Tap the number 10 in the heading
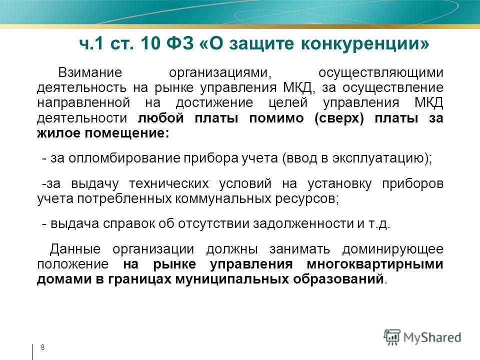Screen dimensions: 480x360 pyautogui.click(x=150, y=43)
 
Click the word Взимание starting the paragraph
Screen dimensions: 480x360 pyautogui.click(x=90, y=73)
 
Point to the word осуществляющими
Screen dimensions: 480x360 pyautogui.click(x=381, y=73)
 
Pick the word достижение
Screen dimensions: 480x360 pyautogui.click(x=214, y=102)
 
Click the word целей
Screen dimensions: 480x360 pyautogui.click(x=288, y=103)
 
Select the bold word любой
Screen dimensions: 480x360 pyautogui.click(x=160, y=118)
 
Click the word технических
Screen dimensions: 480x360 pyautogui.click(x=169, y=183)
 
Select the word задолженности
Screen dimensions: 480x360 pyautogui.click(x=303, y=224)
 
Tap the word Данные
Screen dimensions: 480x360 pyautogui.click(x=75, y=249)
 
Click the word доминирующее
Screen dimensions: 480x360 pyautogui.click(x=393, y=249)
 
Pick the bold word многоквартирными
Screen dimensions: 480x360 pyautogui.click(x=375, y=264)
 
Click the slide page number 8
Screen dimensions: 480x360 pyautogui.click(x=42, y=347)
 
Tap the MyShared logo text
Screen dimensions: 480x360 pyautogui.click(x=432, y=337)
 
